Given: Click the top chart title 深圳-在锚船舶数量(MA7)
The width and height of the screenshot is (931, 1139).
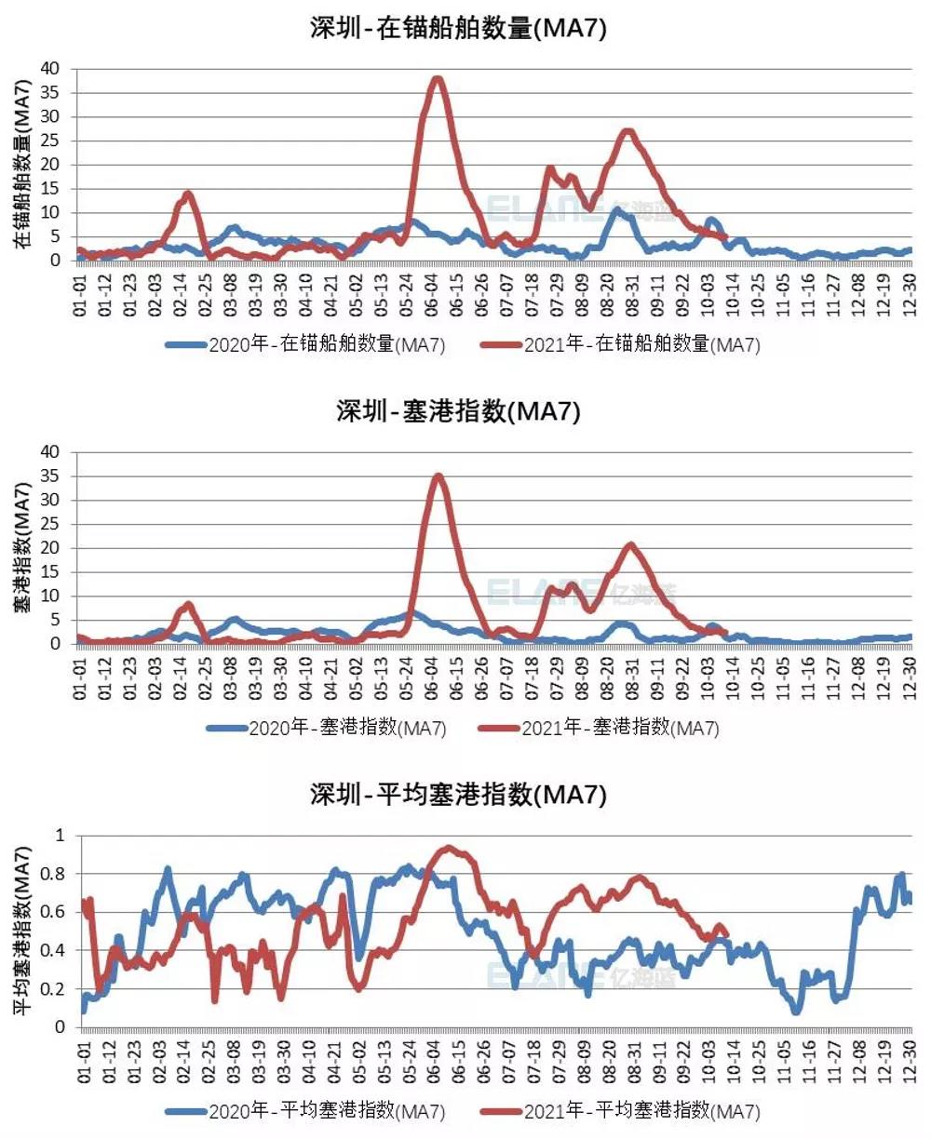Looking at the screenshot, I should coord(458,28).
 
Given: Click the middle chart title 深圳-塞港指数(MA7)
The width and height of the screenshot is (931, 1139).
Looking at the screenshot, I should coord(458,410).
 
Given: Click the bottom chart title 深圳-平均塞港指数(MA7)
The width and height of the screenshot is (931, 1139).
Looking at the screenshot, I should coord(458,794).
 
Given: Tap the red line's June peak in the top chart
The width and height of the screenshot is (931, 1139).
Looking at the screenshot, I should coord(437,79).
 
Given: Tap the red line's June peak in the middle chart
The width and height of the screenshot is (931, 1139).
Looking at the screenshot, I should coord(438,476).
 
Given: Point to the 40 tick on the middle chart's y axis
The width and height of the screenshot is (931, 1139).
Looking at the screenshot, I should coord(49,452).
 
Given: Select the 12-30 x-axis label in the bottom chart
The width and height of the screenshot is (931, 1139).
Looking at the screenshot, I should coord(910,1061).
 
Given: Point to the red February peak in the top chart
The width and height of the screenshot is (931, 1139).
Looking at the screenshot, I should coord(188,194).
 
